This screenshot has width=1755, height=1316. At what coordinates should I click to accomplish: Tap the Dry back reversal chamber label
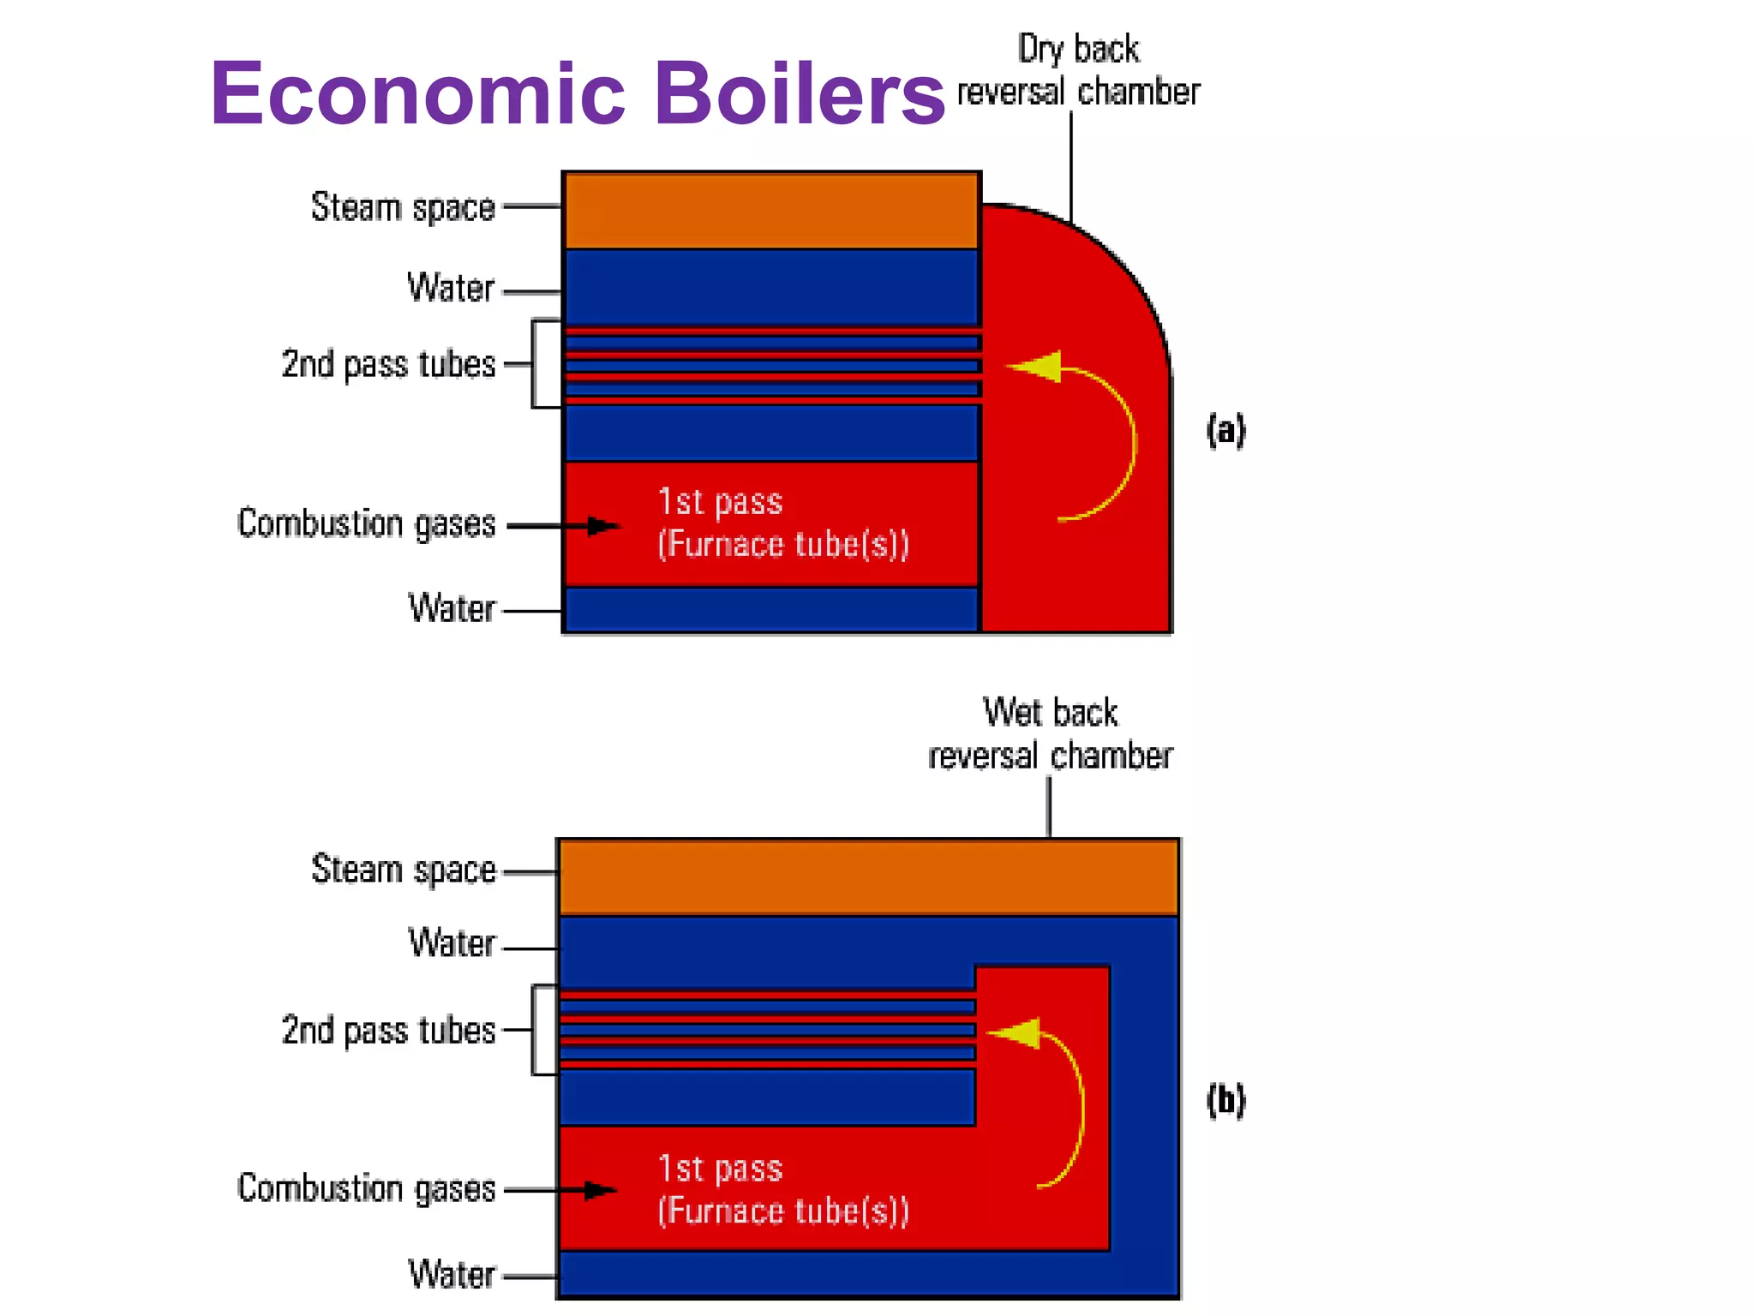point(1078,71)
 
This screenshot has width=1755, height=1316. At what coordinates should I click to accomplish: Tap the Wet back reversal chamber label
point(1050,734)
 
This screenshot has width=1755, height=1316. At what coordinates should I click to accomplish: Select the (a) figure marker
point(1225,430)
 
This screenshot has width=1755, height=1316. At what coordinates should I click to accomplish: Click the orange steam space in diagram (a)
point(771,211)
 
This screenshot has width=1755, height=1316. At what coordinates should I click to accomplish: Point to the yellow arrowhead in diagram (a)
point(1037,367)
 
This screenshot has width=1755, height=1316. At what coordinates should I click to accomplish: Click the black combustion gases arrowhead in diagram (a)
point(603,525)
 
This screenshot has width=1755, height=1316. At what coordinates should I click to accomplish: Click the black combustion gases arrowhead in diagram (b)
point(600,1190)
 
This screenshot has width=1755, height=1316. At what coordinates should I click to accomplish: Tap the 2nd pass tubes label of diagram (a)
point(388,364)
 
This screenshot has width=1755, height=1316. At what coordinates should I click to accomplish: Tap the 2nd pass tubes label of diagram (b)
point(388,1031)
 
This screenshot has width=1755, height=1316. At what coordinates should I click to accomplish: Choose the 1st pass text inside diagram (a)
point(720,502)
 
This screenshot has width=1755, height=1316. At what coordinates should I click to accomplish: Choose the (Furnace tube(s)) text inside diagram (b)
point(782,1211)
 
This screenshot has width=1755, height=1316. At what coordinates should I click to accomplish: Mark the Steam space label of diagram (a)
point(403,207)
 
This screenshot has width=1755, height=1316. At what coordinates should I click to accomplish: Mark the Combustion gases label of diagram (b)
point(366,1188)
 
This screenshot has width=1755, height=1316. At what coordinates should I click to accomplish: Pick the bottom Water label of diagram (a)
point(452,608)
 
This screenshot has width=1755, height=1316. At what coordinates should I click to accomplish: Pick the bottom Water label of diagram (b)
point(452,1274)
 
